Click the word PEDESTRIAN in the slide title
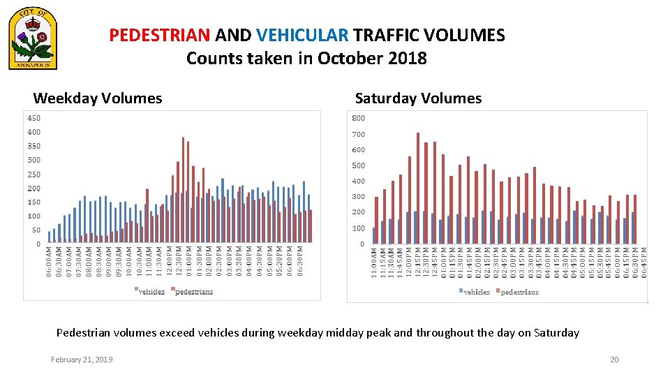160,36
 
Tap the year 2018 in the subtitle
408,59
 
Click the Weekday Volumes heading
98,98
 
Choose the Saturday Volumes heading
418,98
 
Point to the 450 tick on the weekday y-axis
33,118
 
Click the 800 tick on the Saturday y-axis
359,118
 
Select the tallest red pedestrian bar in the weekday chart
184,189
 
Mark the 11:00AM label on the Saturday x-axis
375,265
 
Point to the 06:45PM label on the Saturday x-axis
644,265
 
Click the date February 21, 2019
82,360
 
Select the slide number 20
614,360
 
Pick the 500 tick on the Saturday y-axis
359,165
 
